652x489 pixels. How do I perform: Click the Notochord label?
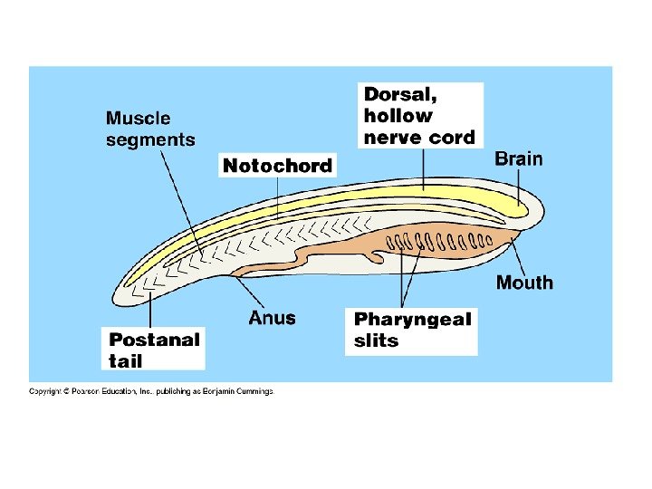(x=278, y=166)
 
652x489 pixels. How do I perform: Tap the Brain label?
(x=519, y=159)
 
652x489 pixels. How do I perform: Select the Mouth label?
(x=523, y=283)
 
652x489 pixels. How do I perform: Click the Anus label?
(x=272, y=318)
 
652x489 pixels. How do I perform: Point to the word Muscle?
(x=138, y=119)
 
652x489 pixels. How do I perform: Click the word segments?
(x=150, y=139)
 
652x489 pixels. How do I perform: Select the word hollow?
(x=398, y=116)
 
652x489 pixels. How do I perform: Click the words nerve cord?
(x=418, y=138)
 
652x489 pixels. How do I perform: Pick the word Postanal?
(x=154, y=340)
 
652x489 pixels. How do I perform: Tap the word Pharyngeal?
(x=413, y=320)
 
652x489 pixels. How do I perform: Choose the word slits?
(x=376, y=341)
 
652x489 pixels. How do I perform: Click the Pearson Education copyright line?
(x=150, y=391)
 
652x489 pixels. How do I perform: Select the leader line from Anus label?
(x=252, y=293)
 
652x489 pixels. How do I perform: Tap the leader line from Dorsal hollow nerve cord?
(x=424, y=172)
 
